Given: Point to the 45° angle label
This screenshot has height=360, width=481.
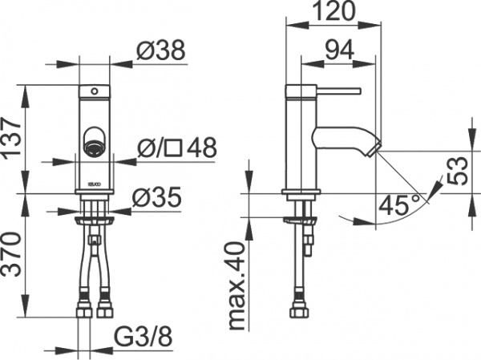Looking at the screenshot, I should tap(398, 205).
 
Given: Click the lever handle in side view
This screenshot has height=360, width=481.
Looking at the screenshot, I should tap(337, 90).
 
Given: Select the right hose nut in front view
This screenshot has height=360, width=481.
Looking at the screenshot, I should tap(104, 307).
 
